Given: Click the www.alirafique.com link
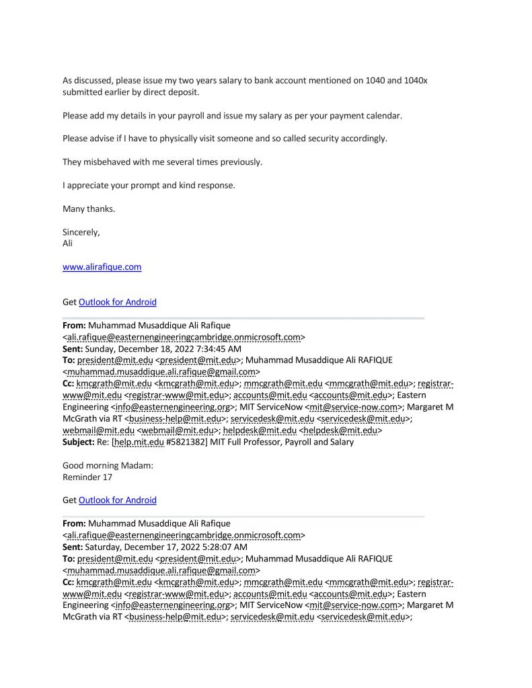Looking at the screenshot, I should pos(102,267).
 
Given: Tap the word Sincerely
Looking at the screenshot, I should pos(81,232).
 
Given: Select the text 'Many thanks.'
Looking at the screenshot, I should pos(89,208).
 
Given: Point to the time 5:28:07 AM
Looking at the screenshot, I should pos(223,547).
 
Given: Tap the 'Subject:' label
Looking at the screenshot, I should pos(81,443).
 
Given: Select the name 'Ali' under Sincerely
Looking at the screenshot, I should pos(67,243).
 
